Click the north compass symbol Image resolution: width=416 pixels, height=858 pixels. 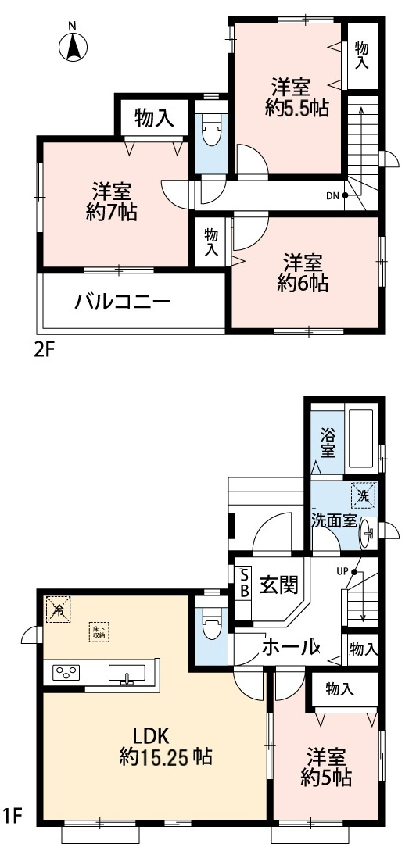pyautogui.click(x=72, y=46)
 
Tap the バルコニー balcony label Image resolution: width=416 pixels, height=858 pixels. pyautogui.click(x=122, y=302)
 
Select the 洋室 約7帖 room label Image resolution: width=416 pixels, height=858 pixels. pyautogui.click(x=111, y=200)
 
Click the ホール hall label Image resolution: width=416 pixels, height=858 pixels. pyautogui.click(x=290, y=646)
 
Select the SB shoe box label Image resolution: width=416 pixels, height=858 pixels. pyautogui.click(x=243, y=582)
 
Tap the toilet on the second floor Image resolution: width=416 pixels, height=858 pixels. pyautogui.click(x=210, y=134)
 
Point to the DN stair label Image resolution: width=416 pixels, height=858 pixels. pyautogui.click(x=332, y=195)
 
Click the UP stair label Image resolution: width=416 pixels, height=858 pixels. pyautogui.click(x=342, y=570)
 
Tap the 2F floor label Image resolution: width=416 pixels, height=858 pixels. pyautogui.click(x=45, y=350)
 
